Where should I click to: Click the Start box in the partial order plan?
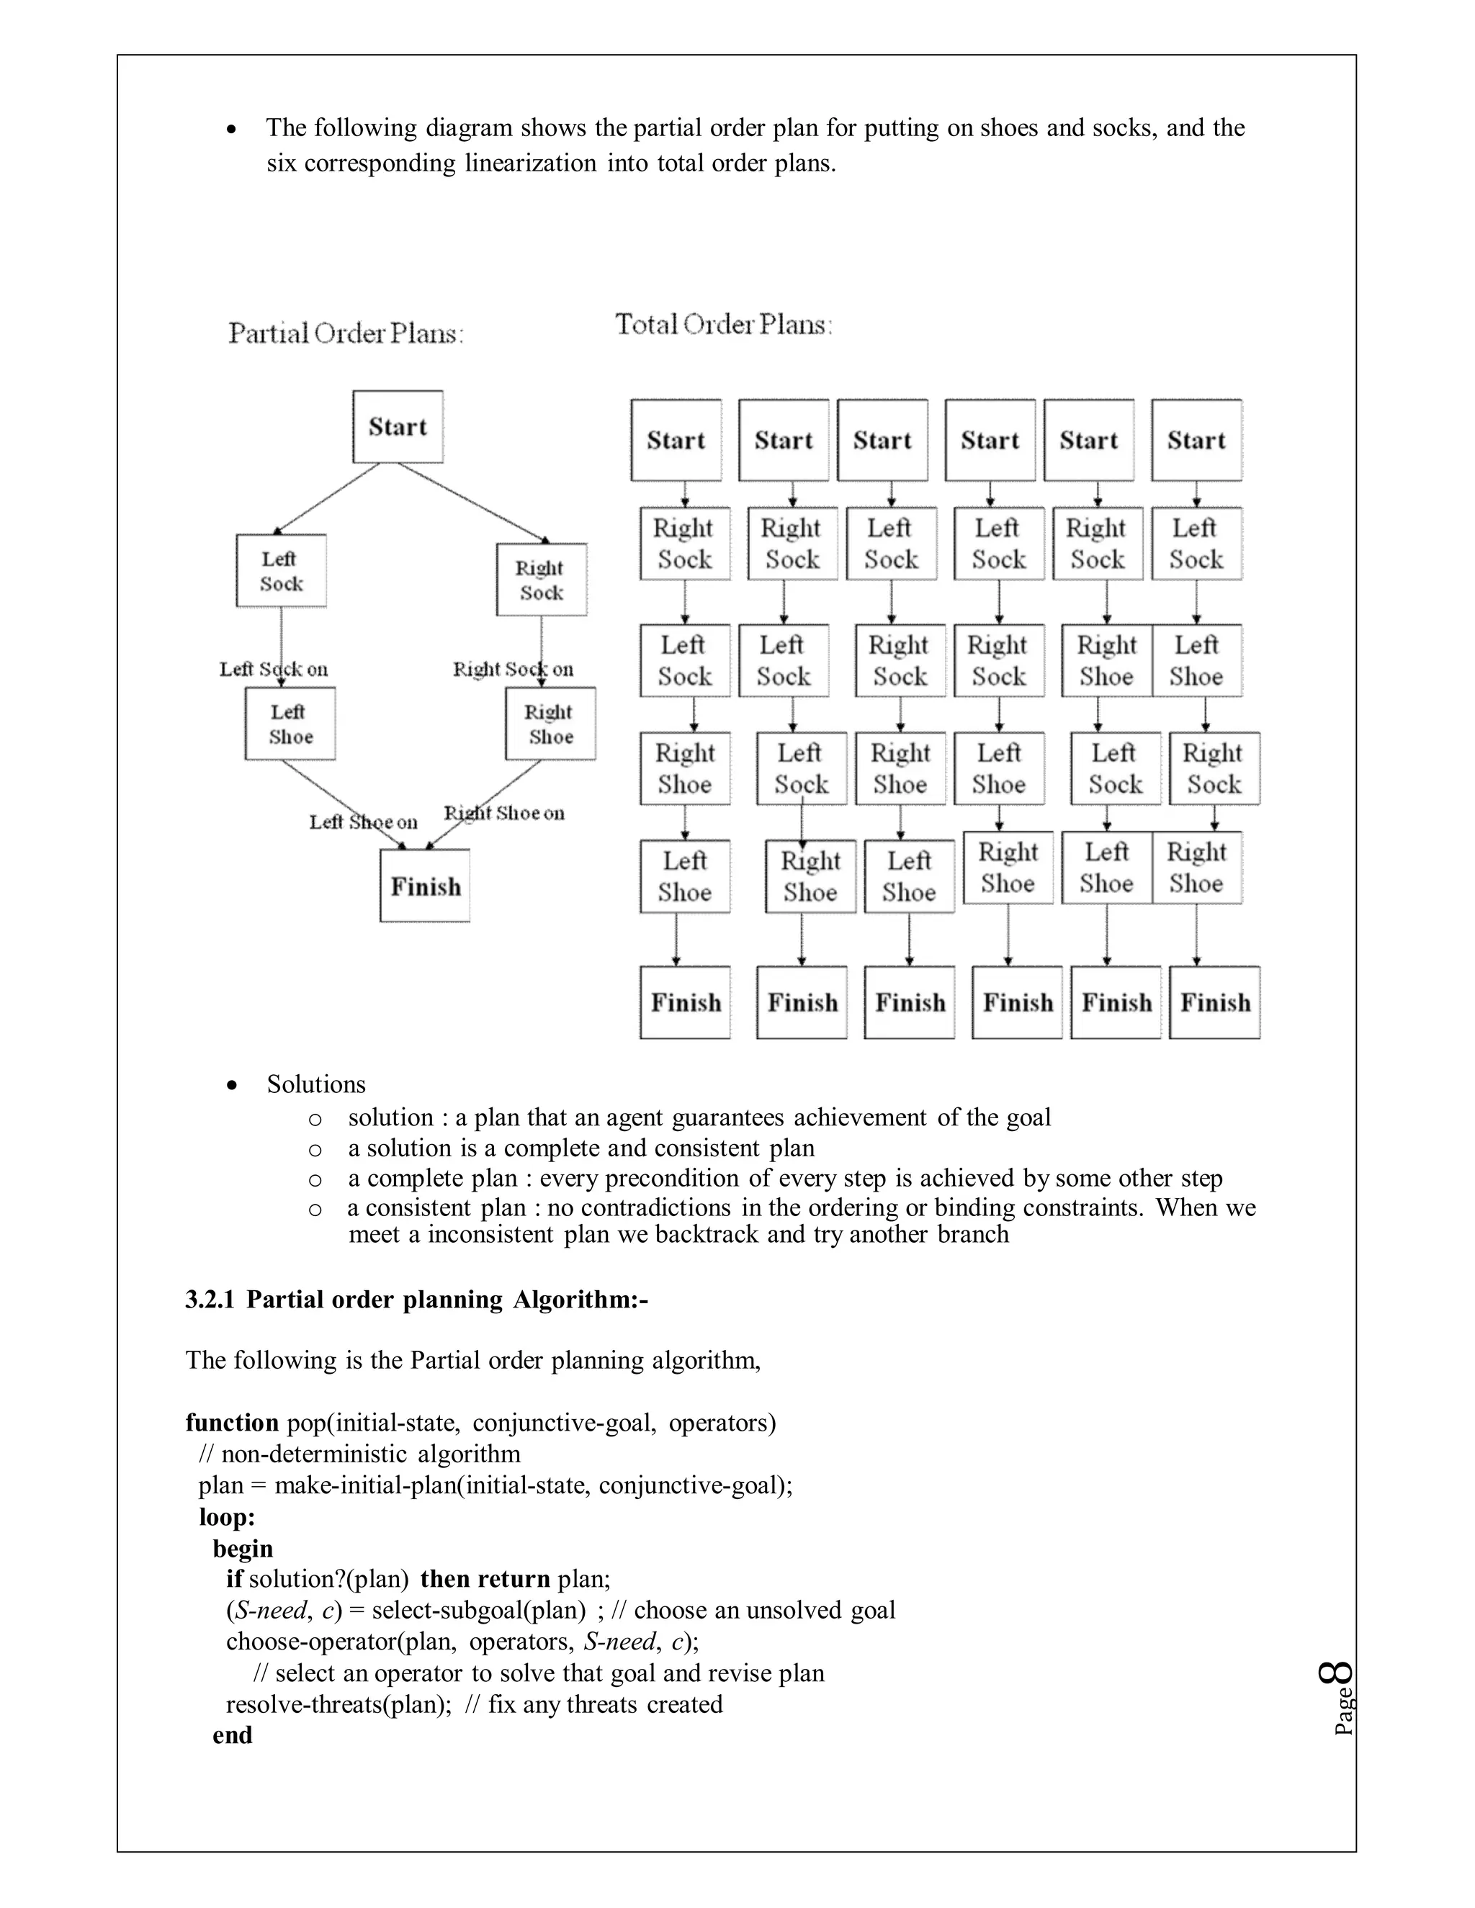tap(398, 426)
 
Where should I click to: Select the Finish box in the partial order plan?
tap(425, 886)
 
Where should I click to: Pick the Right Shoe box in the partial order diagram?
tap(550, 724)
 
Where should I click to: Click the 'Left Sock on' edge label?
tap(274, 669)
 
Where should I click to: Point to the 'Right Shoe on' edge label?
tap(505, 814)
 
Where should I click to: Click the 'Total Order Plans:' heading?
tap(724, 325)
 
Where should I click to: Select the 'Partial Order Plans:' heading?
tap(346, 334)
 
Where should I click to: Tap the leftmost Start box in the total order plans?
tap(676, 441)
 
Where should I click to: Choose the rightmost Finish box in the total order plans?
tap(1214, 1002)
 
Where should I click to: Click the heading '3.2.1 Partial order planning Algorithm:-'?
tap(416, 1300)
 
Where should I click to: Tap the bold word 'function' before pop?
tap(232, 1423)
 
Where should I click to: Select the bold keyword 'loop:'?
tap(226, 1516)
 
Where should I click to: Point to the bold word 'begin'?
tap(242, 1548)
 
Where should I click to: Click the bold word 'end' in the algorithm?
tap(232, 1735)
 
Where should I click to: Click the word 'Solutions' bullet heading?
tap(316, 1084)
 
